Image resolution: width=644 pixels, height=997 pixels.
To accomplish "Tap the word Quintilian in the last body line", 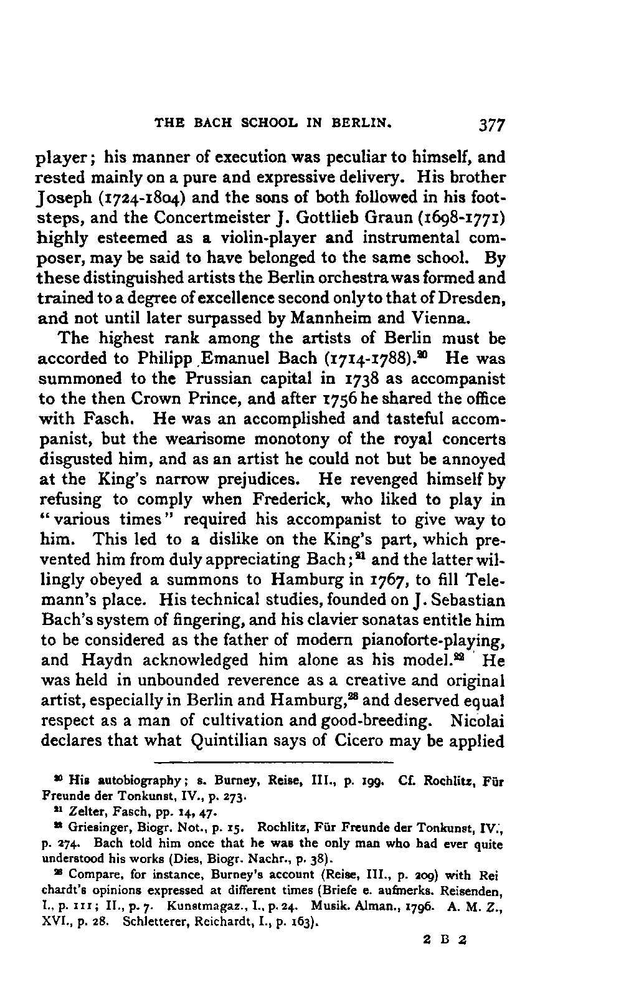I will (x=233, y=741).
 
